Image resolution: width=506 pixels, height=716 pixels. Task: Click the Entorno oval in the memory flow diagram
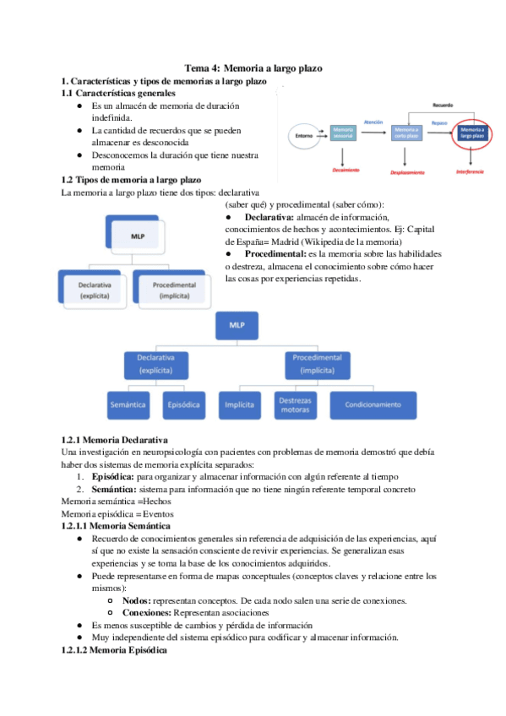(302, 134)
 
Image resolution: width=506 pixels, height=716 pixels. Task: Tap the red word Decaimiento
(346, 170)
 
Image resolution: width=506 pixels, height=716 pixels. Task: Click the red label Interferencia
(470, 171)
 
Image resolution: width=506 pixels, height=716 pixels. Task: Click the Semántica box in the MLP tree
(128, 404)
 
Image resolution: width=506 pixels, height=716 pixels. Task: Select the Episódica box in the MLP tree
(184, 404)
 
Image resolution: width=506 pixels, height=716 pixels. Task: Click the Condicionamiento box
(373, 404)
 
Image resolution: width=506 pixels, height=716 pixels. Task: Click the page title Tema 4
(253, 68)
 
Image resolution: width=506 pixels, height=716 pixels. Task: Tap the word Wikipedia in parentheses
(342, 241)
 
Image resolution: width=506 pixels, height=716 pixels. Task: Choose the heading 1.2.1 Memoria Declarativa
(115, 440)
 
